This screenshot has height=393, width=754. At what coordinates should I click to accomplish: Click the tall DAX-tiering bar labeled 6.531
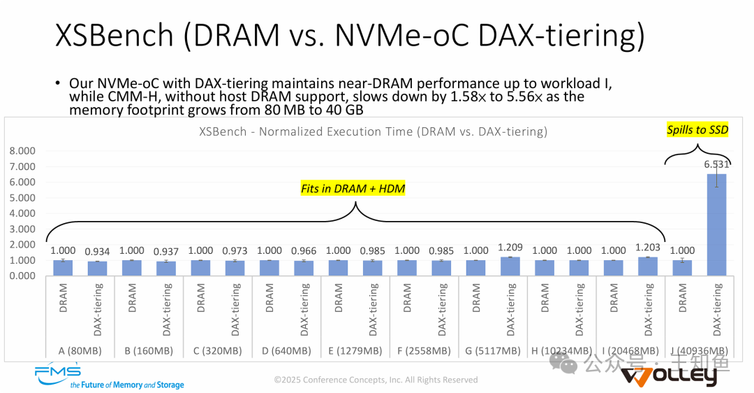pos(716,224)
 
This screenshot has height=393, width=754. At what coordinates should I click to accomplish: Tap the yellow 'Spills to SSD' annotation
pos(697,130)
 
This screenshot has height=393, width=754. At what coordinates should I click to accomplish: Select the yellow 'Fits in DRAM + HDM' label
pos(353,188)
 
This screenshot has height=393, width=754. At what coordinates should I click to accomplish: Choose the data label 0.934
pos(96,251)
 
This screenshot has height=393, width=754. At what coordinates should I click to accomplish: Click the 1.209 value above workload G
pos(510,247)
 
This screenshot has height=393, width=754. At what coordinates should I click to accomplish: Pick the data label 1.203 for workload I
pos(647,247)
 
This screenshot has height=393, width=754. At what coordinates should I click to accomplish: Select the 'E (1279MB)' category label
pos(355,350)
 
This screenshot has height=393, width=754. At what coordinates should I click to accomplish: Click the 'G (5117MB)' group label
pos(493,350)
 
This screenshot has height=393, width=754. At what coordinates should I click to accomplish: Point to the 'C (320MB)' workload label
pos(216,350)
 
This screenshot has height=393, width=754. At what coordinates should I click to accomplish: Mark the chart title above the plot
pos(373,131)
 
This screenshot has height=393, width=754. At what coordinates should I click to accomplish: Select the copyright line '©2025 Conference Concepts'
pos(376,380)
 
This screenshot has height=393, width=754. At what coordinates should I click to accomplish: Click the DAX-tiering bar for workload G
pos(510,266)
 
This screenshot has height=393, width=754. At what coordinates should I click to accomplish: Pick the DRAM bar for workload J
pos(681,268)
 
